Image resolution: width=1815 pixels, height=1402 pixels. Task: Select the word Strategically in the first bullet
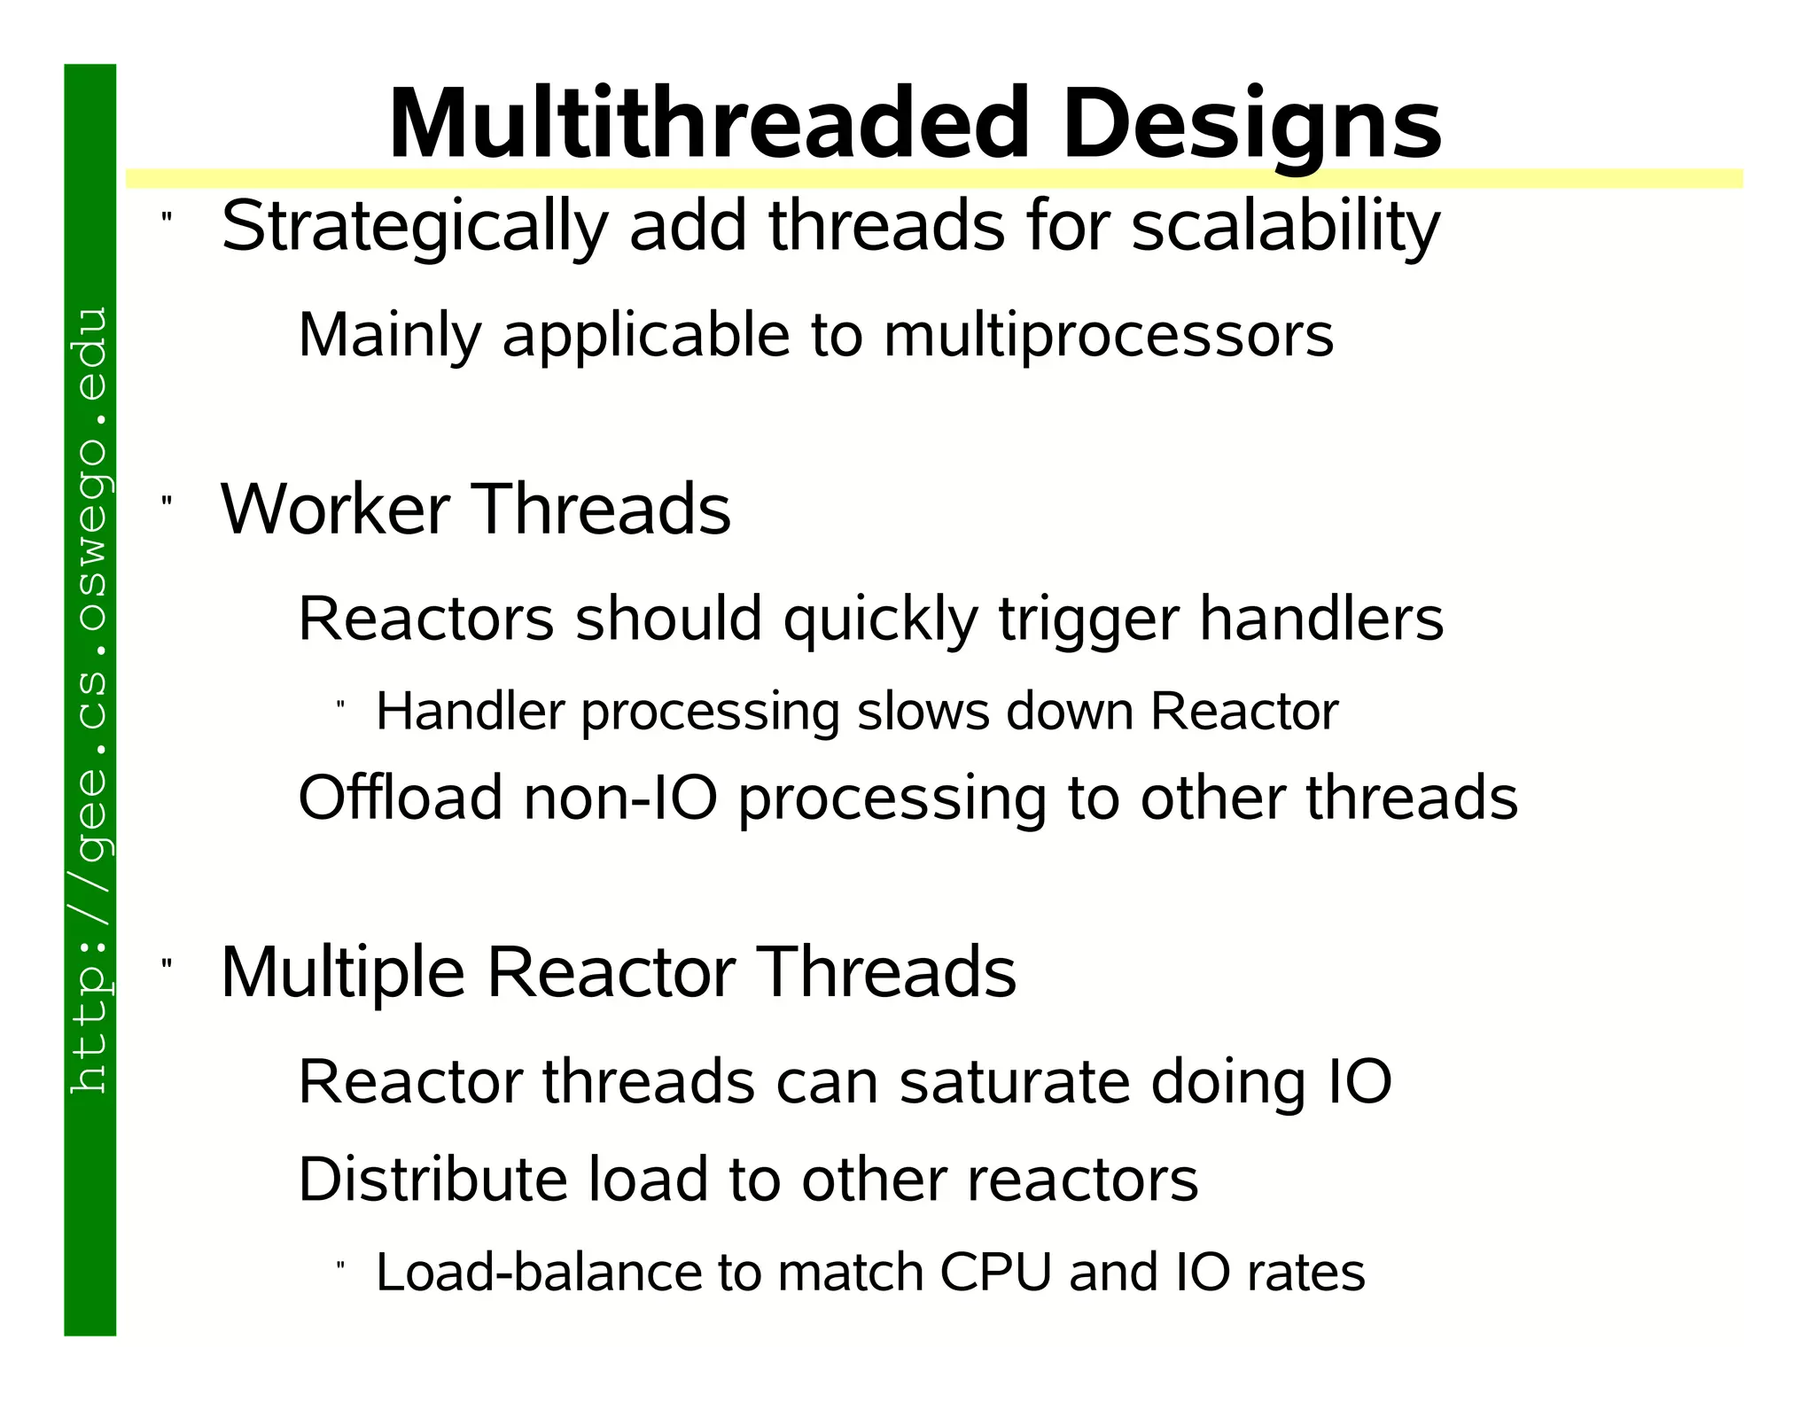[415, 227]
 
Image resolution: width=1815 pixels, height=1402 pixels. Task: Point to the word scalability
[1286, 227]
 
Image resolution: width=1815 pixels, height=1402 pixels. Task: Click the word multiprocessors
[1108, 336]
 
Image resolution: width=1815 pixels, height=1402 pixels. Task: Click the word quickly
[880, 619]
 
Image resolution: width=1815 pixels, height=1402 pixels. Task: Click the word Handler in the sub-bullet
[471, 712]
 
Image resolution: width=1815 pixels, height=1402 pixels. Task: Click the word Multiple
[342, 972]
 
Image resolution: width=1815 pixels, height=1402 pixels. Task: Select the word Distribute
[432, 1180]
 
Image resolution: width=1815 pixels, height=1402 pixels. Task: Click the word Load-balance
[539, 1273]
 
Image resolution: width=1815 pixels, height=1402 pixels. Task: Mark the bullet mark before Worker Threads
[166, 501]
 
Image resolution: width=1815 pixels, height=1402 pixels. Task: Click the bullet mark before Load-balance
[340, 1265]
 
